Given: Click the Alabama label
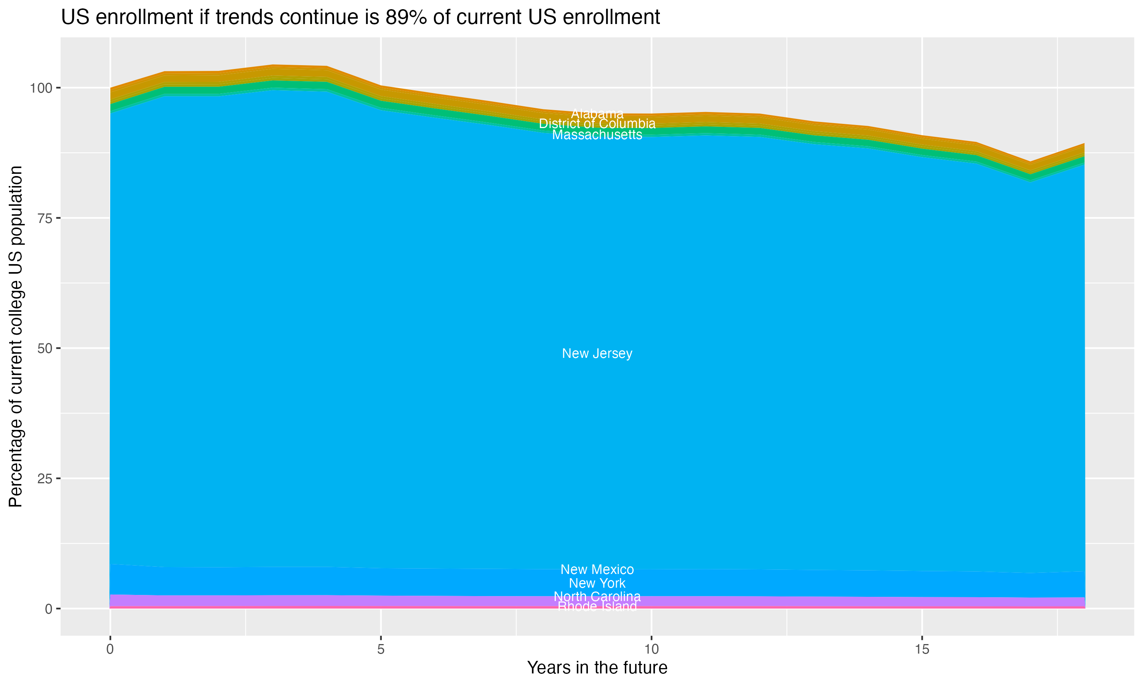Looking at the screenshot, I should (597, 114).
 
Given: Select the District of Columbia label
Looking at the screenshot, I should (597, 124).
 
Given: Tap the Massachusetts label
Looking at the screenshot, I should (597, 135).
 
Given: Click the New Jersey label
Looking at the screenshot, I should (597, 354).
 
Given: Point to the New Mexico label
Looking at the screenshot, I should (597, 569).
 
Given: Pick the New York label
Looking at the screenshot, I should (597, 583).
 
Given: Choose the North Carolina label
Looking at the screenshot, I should (597, 596).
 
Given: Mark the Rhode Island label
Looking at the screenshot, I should (597, 606).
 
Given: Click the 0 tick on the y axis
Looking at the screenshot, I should (48, 609).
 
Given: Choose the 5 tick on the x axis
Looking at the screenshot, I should (381, 649).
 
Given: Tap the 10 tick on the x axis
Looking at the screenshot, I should (651, 649).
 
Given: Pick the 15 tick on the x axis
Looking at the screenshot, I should (922, 649).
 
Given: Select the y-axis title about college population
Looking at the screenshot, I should (16, 337).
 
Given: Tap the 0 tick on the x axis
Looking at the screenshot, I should (110, 649).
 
